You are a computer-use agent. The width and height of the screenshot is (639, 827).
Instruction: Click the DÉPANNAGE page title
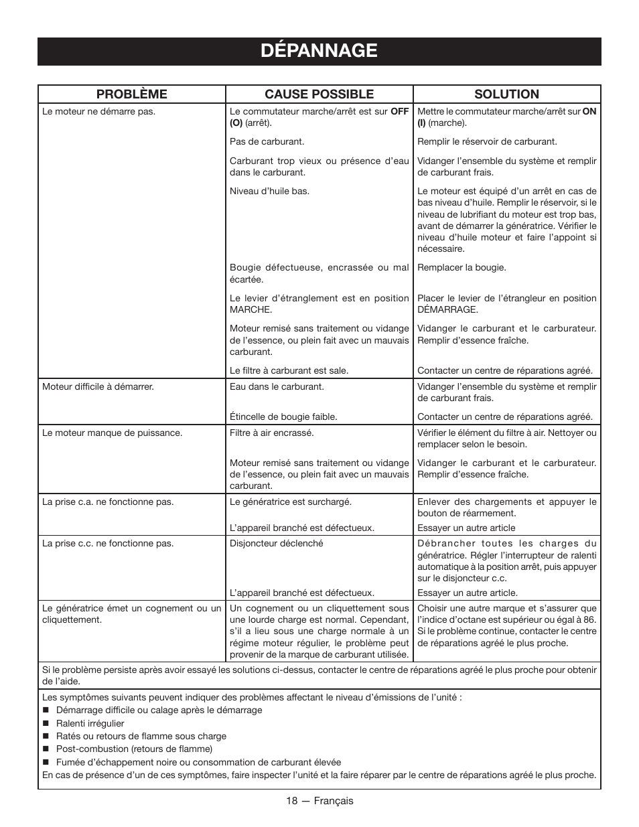[319, 51]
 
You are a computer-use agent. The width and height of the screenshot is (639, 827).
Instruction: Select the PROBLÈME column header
[131, 94]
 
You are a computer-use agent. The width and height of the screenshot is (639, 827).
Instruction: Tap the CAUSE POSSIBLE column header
[319, 94]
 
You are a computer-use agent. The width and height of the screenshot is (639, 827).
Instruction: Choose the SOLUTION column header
[506, 94]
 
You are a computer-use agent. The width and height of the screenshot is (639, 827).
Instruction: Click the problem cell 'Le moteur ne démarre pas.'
[98, 112]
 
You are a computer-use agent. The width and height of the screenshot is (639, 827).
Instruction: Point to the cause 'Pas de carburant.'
[267, 142]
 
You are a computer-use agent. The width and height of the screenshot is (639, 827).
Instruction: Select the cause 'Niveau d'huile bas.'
[269, 192]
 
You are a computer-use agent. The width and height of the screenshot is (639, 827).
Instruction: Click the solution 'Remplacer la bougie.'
[461, 268]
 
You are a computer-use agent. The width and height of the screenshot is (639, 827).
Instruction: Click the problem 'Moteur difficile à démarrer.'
[98, 387]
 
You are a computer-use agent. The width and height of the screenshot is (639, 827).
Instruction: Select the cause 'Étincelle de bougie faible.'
[283, 417]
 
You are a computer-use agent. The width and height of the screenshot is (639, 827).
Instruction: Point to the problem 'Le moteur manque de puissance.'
[112, 433]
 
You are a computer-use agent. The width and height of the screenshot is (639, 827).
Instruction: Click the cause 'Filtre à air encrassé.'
[271, 433]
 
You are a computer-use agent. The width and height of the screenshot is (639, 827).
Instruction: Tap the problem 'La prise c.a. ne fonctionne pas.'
[108, 502]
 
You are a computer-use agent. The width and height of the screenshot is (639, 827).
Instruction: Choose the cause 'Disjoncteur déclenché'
[276, 544]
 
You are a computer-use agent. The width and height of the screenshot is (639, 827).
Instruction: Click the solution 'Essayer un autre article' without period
[466, 528]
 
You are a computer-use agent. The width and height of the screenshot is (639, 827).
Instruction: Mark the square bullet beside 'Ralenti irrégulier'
[46, 724]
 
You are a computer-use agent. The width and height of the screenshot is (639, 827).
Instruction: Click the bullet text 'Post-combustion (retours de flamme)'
[134, 749]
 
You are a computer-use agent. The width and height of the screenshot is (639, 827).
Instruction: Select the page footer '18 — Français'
[319, 801]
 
